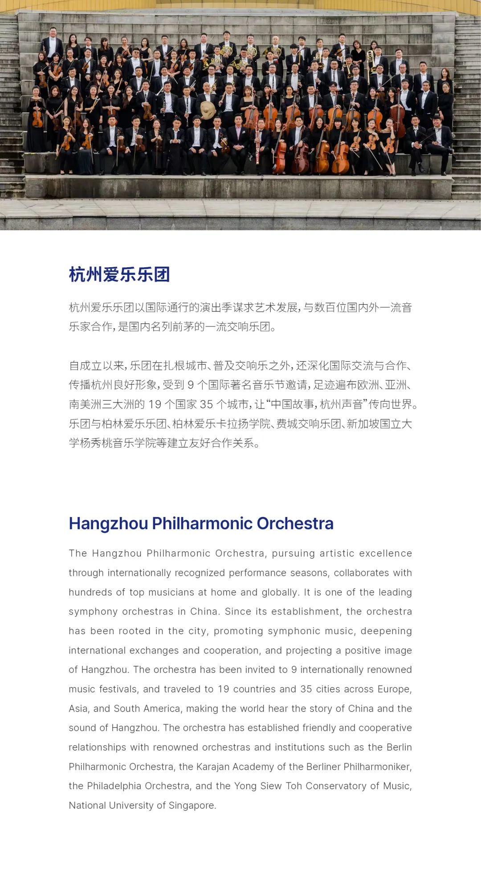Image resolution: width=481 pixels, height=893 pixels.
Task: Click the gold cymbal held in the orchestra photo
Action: [208, 109]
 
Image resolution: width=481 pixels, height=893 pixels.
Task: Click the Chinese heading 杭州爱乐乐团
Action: [119, 274]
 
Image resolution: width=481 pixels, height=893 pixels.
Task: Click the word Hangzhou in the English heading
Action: [108, 523]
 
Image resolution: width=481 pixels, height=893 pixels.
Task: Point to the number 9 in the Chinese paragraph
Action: [191, 385]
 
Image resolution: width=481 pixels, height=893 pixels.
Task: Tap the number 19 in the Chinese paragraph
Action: [155, 404]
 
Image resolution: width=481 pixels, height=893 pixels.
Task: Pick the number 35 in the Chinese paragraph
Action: [206, 404]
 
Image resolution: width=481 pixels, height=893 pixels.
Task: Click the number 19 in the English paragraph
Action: [223, 689]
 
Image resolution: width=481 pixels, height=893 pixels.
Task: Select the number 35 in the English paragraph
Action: [306, 689]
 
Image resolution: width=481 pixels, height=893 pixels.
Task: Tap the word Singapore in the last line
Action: [192, 805]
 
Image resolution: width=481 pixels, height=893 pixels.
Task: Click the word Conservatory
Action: [335, 786]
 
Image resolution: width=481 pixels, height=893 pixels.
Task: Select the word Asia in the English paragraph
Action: [78, 709]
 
